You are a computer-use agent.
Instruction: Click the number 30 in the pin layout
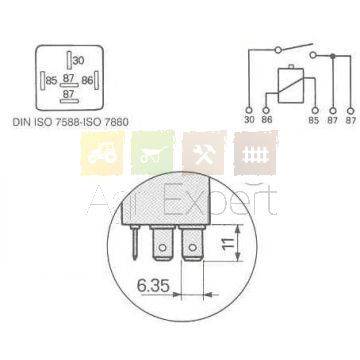pos(79,61)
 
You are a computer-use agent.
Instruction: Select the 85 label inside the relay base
pos(51,81)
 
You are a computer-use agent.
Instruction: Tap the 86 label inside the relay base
pos(87,81)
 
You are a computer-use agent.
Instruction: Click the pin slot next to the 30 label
pos(69,60)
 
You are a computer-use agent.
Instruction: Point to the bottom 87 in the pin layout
pos(69,94)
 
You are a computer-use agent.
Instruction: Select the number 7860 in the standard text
pos(115,122)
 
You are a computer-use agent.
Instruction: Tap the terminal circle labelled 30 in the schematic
pos(249,110)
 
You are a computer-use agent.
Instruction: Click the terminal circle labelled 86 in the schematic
pos(266,110)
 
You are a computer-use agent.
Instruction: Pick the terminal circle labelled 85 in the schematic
pos(315,110)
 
